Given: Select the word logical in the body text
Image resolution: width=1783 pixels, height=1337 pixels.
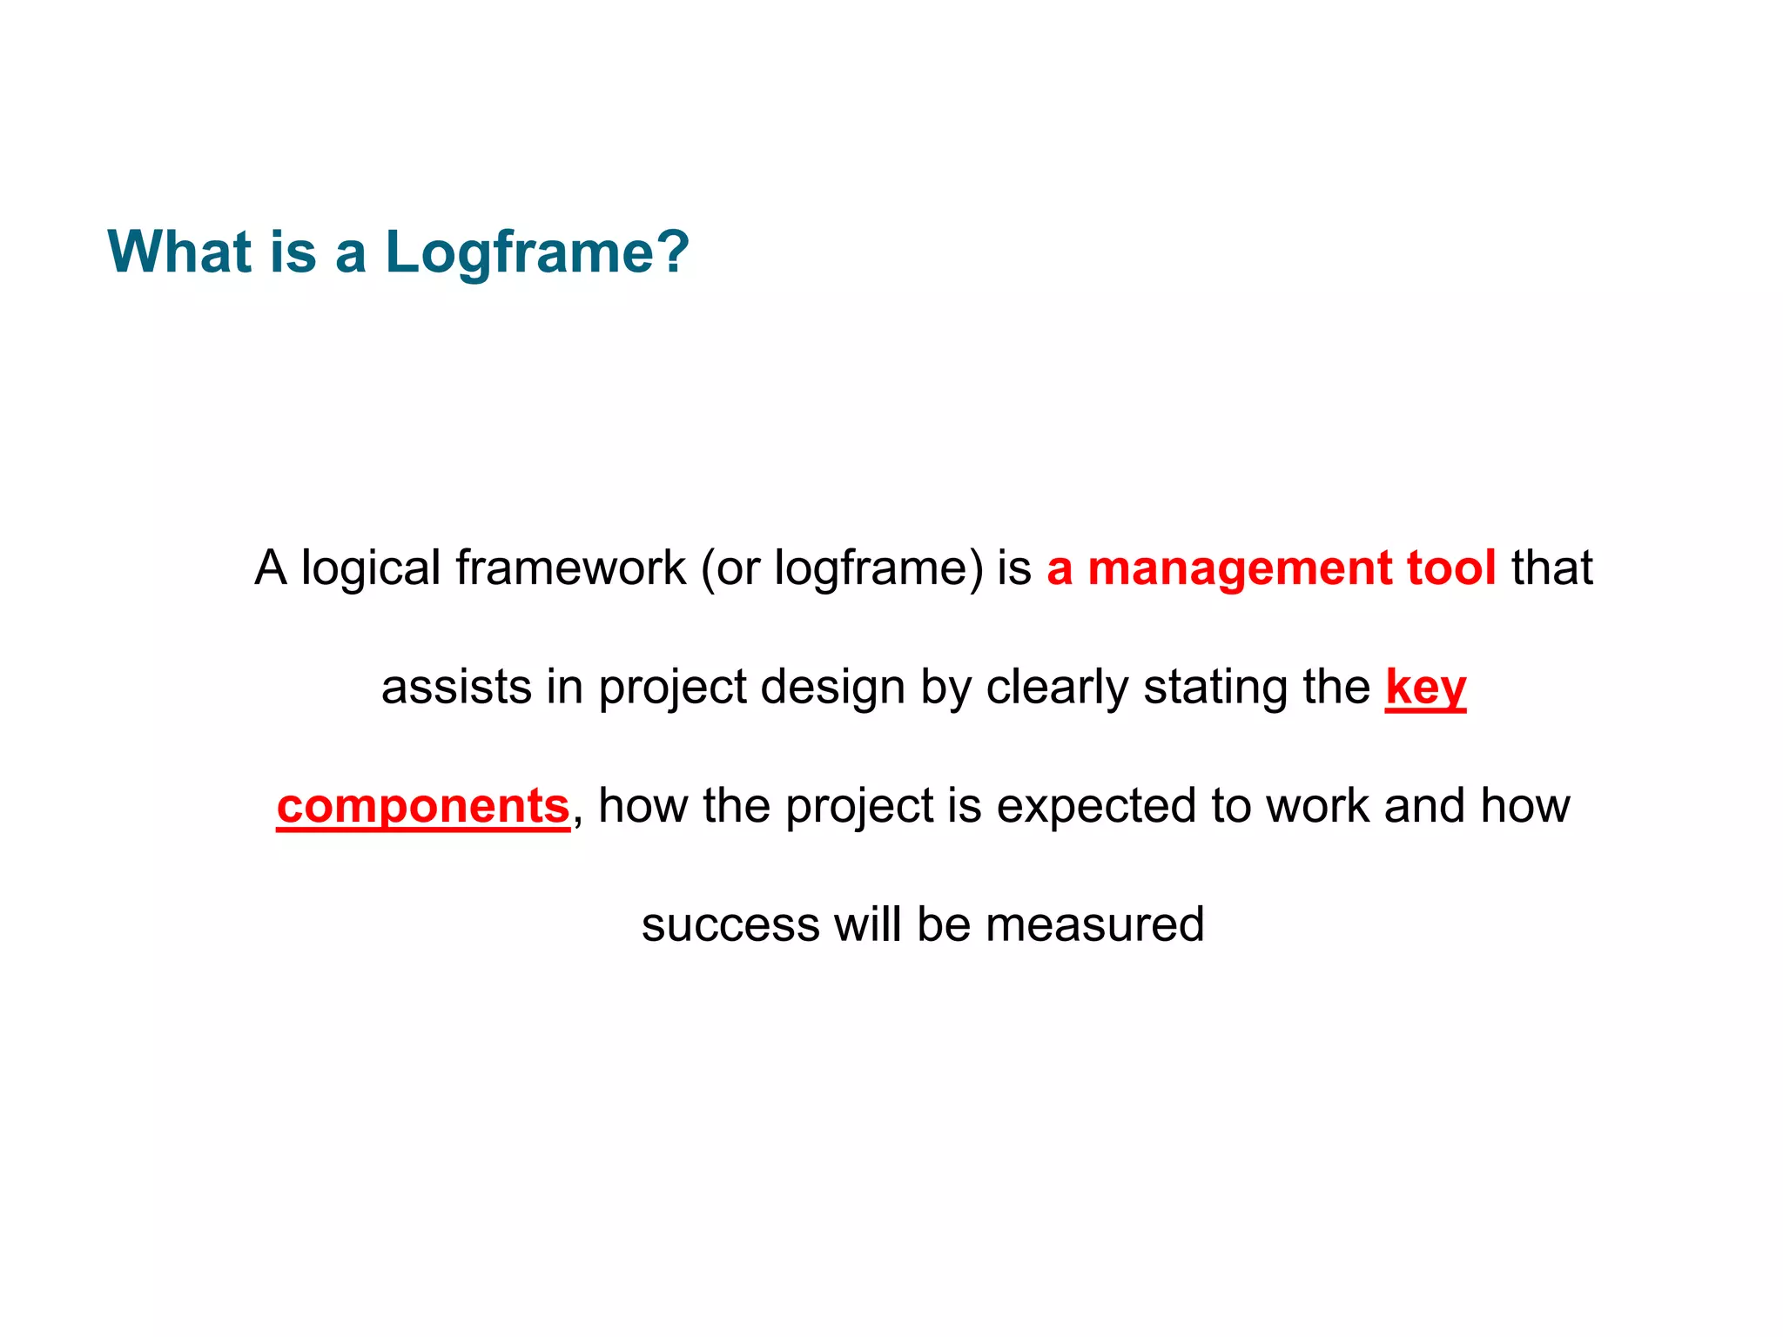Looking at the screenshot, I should pyautogui.click(x=371, y=568).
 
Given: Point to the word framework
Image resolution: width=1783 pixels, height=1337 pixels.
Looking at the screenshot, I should pyautogui.click(x=570, y=568).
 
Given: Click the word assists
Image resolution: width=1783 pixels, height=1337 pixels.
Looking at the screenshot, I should pyautogui.click(x=456, y=687).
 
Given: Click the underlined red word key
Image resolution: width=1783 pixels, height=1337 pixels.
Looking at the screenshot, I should pyautogui.click(x=1425, y=687).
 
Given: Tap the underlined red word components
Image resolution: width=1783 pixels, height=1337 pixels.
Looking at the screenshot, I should pyautogui.click(x=423, y=806).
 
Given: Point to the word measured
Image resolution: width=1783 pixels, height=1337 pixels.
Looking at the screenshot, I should pyautogui.click(x=1095, y=924).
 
